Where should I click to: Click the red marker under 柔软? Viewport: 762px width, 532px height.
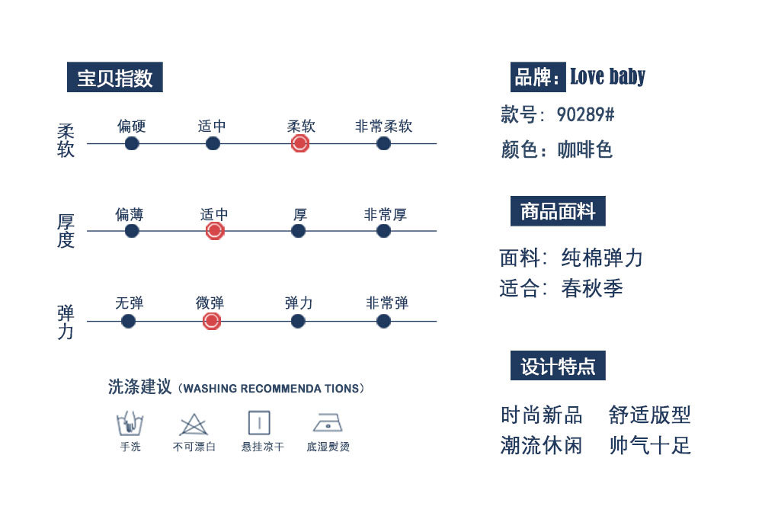(300, 143)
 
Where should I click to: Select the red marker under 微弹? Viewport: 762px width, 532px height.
(212, 321)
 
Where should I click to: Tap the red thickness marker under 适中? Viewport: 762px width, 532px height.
(215, 231)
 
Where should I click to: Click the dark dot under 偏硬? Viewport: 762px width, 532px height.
(132, 143)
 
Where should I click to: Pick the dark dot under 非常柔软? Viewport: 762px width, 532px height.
(383, 143)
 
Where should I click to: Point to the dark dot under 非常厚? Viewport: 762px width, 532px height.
(384, 231)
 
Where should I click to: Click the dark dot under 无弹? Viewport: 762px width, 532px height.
(129, 321)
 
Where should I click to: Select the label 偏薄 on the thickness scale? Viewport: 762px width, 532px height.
(129, 214)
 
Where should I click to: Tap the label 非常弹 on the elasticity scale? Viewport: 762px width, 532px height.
(387, 303)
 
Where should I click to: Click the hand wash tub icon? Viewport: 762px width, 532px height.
(130, 423)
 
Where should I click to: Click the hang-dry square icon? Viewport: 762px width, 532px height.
(259, 423)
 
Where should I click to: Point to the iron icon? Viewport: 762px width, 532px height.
(328, 423)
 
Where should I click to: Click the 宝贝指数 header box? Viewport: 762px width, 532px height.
(114, 78)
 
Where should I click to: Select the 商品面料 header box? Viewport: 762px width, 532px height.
(558, 211)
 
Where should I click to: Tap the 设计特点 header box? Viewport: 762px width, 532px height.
(558, 366)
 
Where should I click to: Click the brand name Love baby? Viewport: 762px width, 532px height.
(607, 76)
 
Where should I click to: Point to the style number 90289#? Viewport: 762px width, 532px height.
(585, 115)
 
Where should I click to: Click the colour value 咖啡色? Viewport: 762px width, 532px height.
(585, 149)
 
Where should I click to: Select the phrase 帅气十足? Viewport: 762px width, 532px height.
(650, 445)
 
